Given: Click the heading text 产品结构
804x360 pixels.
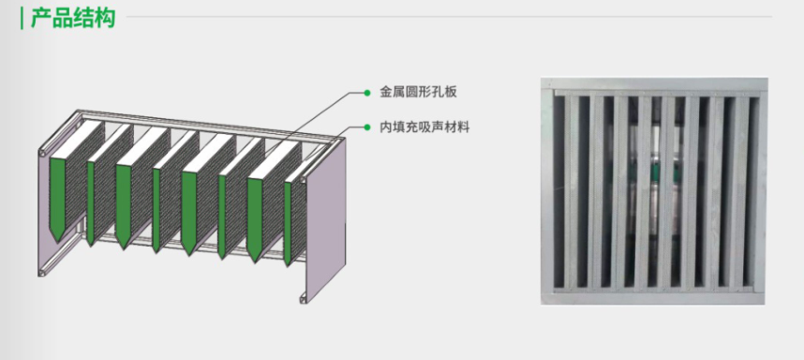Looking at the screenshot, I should [73, 18].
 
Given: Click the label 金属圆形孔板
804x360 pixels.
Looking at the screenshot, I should [418, 92].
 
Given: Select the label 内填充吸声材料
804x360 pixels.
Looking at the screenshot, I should [424, 127].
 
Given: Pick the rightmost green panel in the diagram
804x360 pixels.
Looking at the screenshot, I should [287, 221].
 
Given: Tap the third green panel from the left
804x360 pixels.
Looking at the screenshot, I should [123, 206].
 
